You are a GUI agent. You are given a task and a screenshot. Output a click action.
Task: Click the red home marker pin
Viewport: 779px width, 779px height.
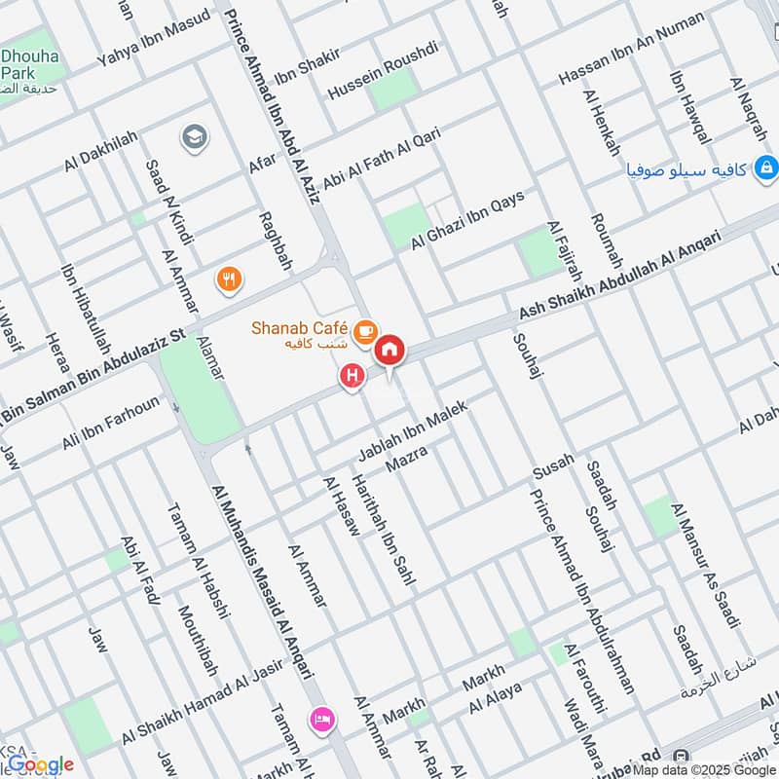point(390,350)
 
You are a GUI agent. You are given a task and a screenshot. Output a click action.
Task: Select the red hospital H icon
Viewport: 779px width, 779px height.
point(352,374)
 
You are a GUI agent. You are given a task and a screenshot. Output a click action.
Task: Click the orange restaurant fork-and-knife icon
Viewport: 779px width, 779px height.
point(229,280)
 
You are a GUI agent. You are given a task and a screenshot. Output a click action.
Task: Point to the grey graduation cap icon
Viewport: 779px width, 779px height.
point(194,138)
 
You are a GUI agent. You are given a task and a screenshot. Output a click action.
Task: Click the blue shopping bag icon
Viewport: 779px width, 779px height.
point(765,169)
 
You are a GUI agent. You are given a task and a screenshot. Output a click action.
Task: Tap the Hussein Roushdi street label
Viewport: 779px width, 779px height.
point(384,70)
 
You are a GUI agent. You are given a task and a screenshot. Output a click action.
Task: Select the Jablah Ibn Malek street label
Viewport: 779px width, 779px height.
point(413,430)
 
